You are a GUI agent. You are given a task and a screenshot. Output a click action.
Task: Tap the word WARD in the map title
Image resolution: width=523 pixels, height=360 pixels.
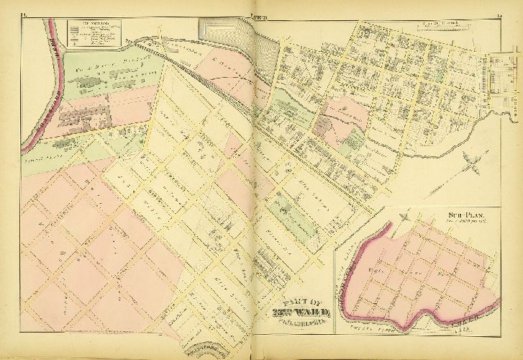point(312,311)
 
